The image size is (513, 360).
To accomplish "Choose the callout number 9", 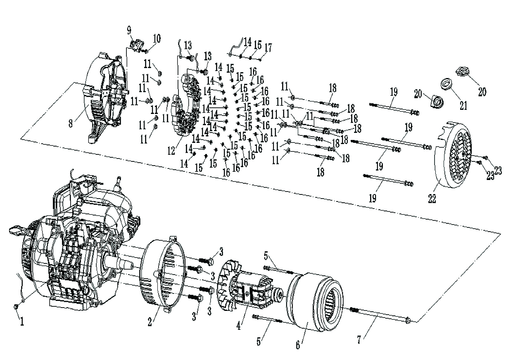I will point(129,30).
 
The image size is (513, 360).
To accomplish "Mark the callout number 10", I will point(157,39).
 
